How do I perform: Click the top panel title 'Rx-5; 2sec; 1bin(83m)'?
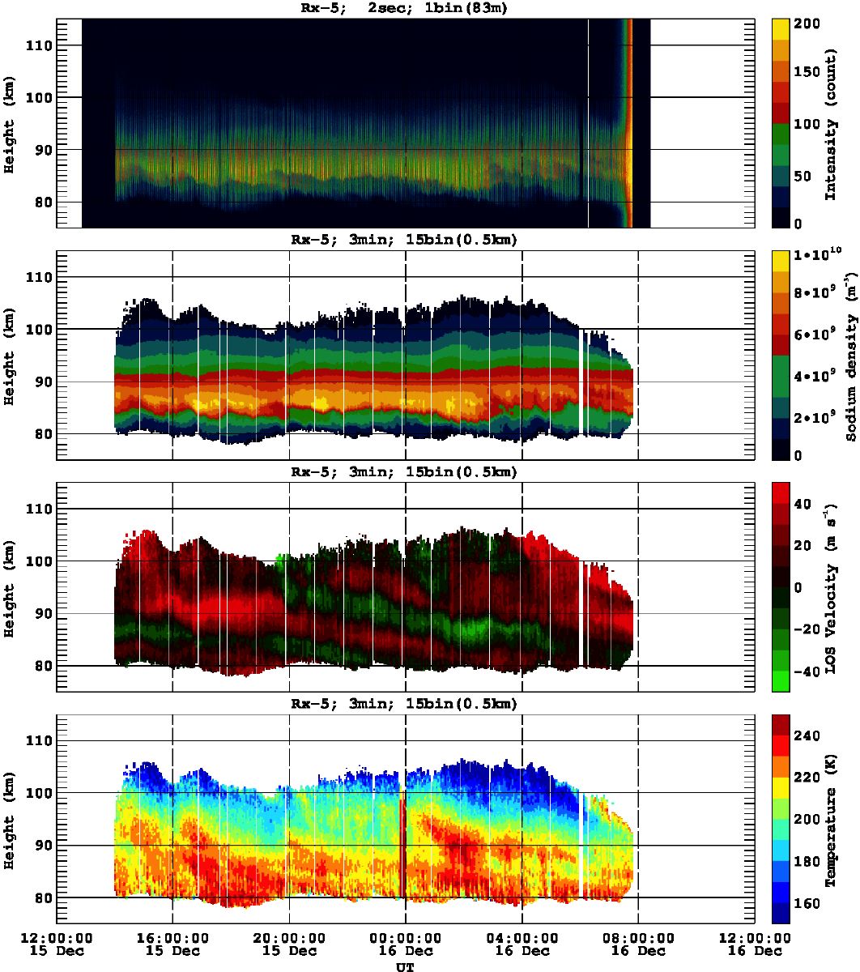405,8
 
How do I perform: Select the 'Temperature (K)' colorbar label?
831,819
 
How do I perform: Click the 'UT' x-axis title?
405,966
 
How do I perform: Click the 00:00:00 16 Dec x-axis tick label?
405,944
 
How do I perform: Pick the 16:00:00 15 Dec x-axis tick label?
172,944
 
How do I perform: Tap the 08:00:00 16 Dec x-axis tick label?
638,944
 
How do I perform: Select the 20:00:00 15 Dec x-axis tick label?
289,944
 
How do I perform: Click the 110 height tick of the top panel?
38,45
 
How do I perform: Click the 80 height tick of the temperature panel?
41,897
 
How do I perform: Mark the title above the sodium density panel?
405,240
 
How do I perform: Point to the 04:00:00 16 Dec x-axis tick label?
522,944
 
